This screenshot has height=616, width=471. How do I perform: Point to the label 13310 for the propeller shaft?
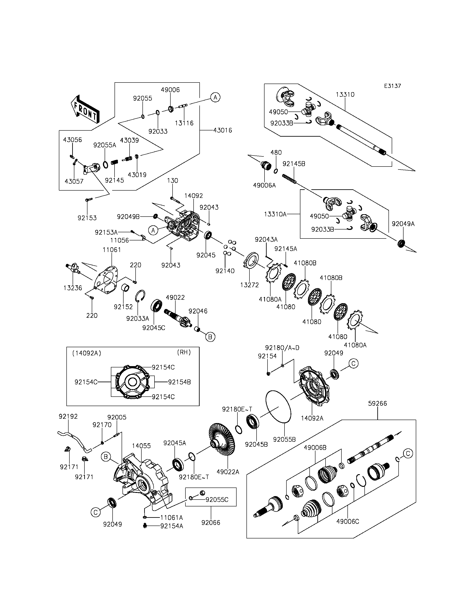[x=345, y=95]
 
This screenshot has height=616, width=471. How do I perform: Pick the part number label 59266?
[x=377, y=404]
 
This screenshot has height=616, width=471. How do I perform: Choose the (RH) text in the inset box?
[x=184, y=352]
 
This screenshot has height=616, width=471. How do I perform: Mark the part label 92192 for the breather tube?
[x=68, y=417]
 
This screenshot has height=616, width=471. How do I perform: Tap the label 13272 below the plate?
[x=249, y=285]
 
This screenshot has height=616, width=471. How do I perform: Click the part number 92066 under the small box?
[x=211, y=523]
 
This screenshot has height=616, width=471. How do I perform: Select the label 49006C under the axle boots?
[x=348, y=521]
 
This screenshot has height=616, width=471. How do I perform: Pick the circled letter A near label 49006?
[x=215, y=97]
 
